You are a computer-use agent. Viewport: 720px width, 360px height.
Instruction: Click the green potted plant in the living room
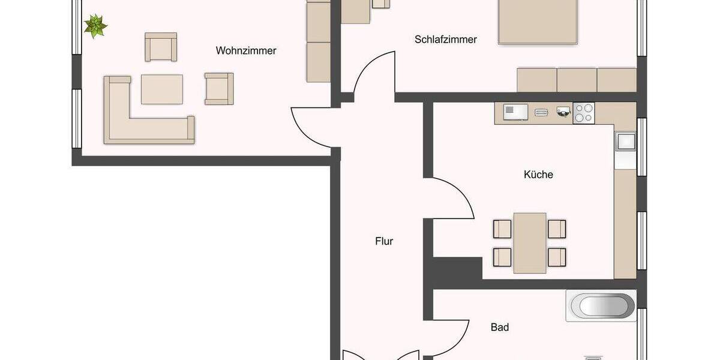point(95,26)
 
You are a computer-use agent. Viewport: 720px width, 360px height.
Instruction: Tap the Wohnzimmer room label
point(246,51)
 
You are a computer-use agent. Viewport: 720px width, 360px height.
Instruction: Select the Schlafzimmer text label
point(445,40)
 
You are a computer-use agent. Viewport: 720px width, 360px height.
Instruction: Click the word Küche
point(538,175)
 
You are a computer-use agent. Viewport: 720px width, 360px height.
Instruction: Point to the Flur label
point(384,241)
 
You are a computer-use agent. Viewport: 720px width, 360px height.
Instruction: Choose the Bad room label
point(500,327)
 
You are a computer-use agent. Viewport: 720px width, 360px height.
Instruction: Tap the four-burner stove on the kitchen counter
point(584,113)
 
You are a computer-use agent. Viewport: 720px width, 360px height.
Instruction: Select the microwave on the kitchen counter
point(515,112)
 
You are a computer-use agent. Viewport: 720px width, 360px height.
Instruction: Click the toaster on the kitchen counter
point(541,112)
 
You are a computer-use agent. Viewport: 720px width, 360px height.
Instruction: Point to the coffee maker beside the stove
point(563,112)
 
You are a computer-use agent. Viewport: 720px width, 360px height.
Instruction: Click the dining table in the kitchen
point(530,241)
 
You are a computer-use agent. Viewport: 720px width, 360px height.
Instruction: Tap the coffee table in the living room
point(161,89)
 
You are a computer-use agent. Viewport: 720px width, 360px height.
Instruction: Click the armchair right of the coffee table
point(218,89)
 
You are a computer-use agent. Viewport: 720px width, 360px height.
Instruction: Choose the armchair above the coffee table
point(161,47)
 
